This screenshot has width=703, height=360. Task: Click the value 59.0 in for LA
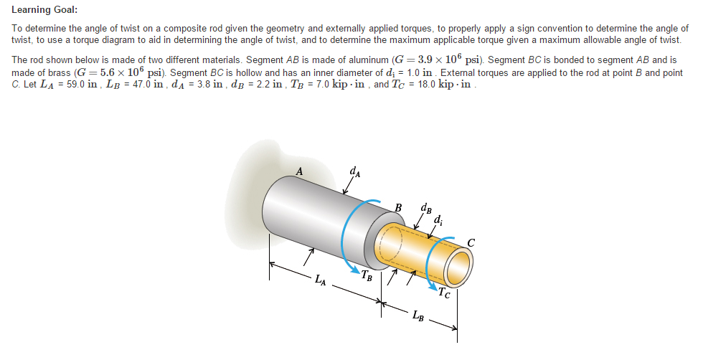click(71, 85)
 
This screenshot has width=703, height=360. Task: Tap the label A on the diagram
click(300, 171)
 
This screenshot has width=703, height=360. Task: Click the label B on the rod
click(399, 209)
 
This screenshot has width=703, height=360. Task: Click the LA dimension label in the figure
click(321, 280)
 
